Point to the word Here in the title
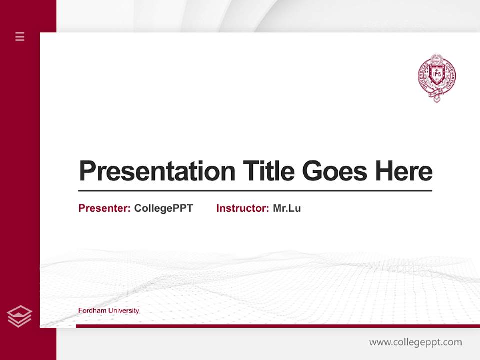[404, 171]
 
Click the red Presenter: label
[104, 208]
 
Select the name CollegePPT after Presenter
[163, 208]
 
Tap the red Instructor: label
[242, 208]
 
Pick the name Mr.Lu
[287, 208]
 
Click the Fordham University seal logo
[436, 78]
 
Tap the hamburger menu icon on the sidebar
[20, 36]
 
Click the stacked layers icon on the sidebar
[19, 316]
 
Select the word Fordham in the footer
[93, 311]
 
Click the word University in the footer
[124, 311]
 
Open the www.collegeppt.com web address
[415, 342]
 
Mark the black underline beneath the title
[255, 191]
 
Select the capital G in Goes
[312, 171]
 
